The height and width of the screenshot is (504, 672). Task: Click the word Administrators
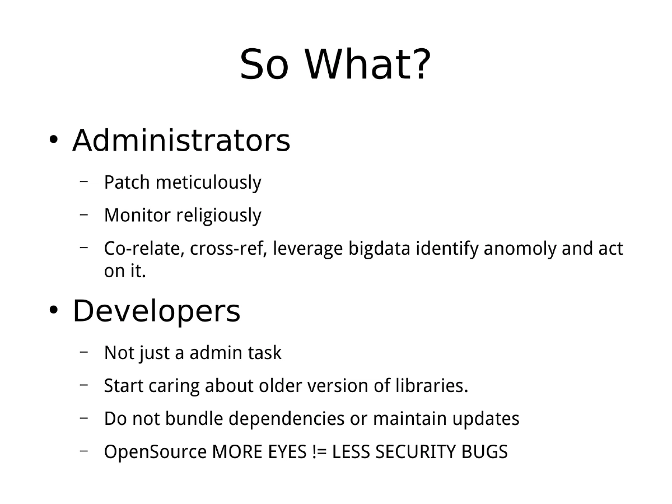click(181, 141)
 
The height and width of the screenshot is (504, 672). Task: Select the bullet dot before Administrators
click(53, 139)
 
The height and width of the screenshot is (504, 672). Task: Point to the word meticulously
click(208, 183)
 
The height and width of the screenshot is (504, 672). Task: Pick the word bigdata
click(379, 249)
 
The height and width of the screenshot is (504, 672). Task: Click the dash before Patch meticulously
click(84, 181)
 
